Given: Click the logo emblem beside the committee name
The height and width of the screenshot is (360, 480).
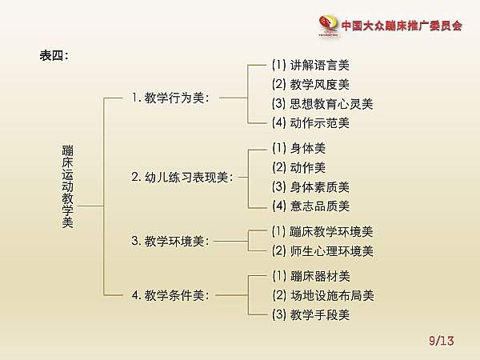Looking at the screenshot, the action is (328, 26).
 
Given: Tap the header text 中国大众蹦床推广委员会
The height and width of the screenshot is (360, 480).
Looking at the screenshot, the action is (402, 26).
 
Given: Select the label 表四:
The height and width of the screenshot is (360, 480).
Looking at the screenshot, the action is (54, 56).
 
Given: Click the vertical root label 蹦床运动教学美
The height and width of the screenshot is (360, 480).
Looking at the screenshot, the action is (68, 186).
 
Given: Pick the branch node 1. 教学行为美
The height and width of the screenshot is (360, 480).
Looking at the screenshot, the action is (171, 98).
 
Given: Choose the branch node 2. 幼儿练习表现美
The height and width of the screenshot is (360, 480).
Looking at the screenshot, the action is (182, 178).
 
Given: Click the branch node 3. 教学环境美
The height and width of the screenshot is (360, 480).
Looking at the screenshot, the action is (170, 242).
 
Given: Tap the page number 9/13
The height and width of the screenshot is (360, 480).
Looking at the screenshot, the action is (442, 341).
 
